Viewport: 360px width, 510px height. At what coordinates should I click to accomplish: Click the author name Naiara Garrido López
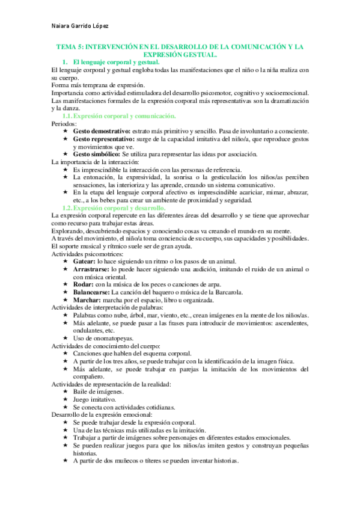(82, 26)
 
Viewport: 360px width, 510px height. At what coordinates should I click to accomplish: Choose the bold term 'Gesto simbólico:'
(96, 155)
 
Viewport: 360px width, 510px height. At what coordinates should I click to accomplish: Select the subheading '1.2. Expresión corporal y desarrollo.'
(115, 207)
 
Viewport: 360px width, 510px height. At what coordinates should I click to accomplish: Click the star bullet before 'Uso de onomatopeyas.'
(66, 338)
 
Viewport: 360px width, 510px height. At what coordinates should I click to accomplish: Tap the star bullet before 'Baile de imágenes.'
(66, 392)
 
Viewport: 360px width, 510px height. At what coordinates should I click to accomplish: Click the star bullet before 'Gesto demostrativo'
(66, 131)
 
